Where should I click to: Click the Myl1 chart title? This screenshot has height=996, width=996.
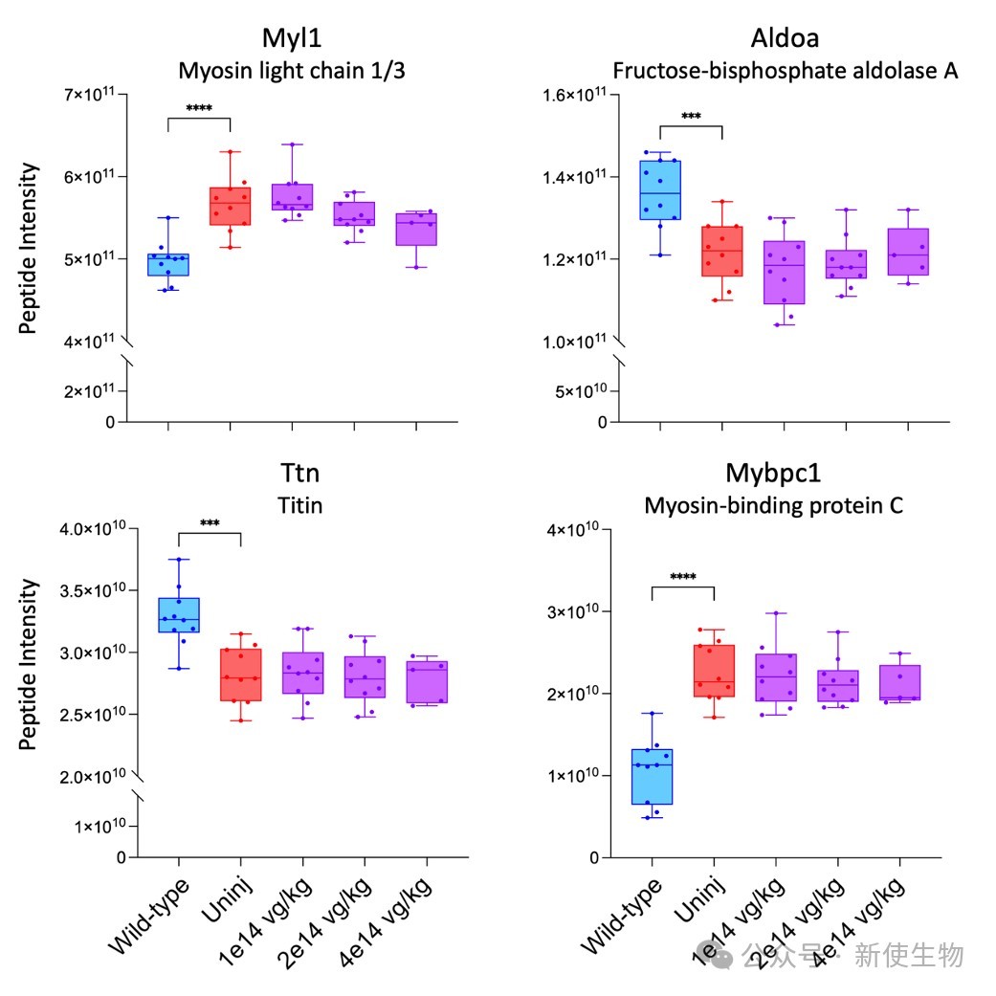tap(292, 38)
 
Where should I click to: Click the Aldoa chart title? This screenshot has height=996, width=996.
tap(786, 38)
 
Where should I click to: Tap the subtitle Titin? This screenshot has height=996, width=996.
tap(299, 505)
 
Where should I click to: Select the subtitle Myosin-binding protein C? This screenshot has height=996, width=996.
tap(774, 505)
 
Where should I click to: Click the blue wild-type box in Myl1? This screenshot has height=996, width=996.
tap(168, 264)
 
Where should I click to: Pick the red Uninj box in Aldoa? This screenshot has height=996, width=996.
tap(722, 251)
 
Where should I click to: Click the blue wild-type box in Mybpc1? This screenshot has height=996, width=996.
tap(652, 777)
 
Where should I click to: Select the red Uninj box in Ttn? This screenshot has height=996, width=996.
tap(241, 675)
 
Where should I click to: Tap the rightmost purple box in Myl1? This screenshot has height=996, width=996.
tap(416, 230)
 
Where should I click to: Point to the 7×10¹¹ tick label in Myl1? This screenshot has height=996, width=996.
tap(89, 94)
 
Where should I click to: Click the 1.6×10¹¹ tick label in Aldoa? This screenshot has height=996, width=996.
tap(574, 95)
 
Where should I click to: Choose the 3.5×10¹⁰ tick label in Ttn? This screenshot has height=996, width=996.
tap(93, 590)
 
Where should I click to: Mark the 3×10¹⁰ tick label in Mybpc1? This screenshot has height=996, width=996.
tap(573, 611)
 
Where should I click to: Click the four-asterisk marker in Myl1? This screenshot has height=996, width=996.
tap(199, 109)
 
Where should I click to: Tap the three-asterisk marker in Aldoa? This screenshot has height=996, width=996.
tap(691, 116)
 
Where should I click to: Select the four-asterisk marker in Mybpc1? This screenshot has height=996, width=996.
tap(683, 577)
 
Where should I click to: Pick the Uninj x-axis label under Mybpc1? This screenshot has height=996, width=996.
tap(700, 899)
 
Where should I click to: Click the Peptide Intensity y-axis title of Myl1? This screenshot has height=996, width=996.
tap(28, 248)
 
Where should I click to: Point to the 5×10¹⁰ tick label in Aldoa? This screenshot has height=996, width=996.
tap(581, 391)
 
